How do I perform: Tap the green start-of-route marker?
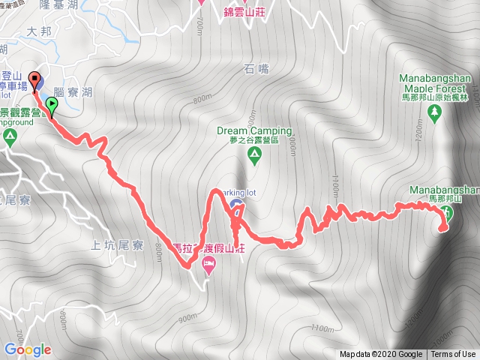coord(52,105)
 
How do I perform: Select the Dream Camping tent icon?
coord(254,155)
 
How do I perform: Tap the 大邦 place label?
coord(35,33)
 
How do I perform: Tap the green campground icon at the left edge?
coord(10,136)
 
